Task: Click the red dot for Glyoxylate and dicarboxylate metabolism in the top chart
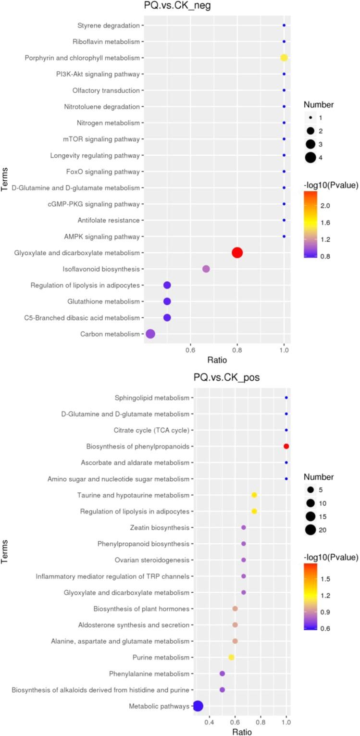pyautogui.click(x=237, y=252)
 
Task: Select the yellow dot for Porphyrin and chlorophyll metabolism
pyautogui.click(x=284, y=58)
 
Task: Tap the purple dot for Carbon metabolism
pyautogui.click(x=150, y=334)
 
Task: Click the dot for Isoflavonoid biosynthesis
pyautogui.click(x=206, y=269)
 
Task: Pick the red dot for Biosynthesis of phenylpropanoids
pyautogui.click(x=286, y=446)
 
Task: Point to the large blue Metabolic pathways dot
pyautogui.click(x=198, y=706)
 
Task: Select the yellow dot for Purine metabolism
pyautogui.click(x=231, y=657)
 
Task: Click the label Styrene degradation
pyautogui.click(x=109, y=25)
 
